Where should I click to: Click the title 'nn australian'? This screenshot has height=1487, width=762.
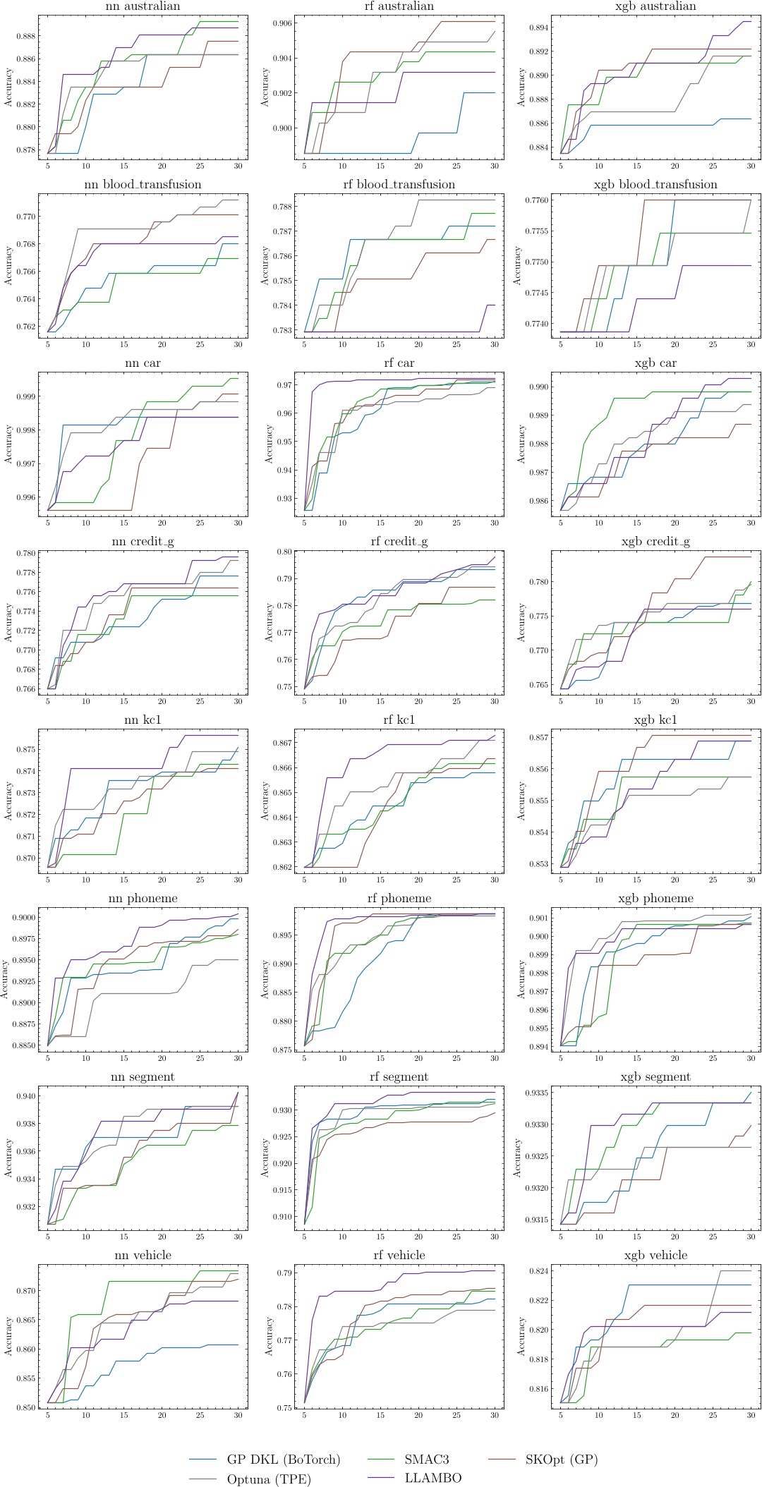tap(143, 6)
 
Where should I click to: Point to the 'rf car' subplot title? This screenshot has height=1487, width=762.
tap(399, 363)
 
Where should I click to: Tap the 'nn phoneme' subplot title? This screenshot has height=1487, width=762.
tap(143, 899)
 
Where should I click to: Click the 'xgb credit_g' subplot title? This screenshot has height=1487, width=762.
tap(655, 542)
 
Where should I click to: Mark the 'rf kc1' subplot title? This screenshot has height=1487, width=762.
tap(399, 720)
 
